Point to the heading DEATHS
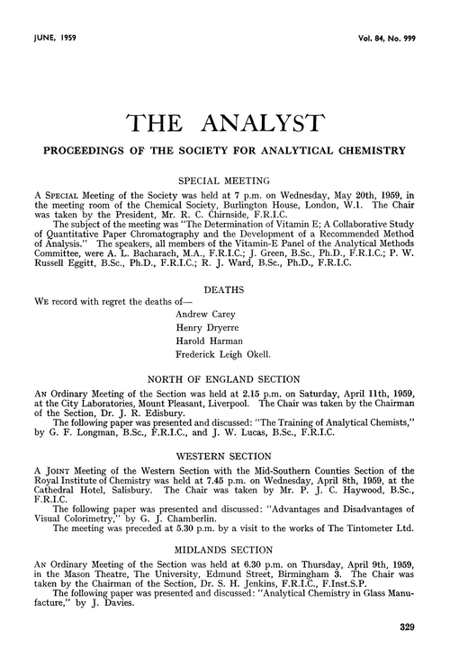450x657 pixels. (x=224, y=266)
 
